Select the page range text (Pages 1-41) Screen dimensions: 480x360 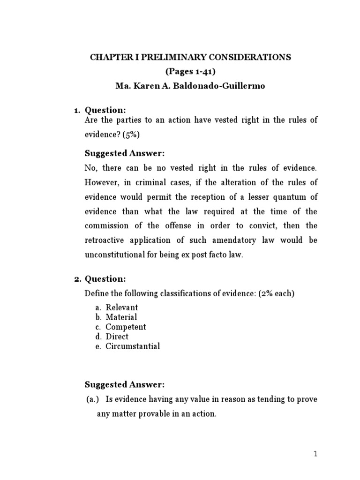tap(191, 72)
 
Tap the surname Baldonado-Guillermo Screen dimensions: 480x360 tap(225, 86)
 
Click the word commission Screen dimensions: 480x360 tap(106, 225)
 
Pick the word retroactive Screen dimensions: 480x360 tap(107, 240)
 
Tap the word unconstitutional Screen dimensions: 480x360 tap(117, 255)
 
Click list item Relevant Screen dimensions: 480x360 tap(122, 307)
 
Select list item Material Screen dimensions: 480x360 tap(121, 317)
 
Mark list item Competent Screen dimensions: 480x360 tap(126, 327)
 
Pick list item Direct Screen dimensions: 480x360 tap(117, 337)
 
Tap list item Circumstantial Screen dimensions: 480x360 tap(133, 346)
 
